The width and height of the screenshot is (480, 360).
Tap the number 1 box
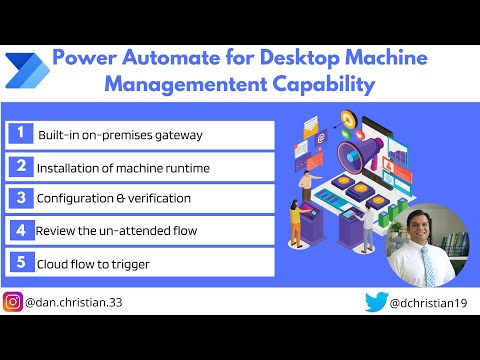tap(20, 134)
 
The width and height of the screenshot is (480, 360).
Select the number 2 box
tap(20, 167)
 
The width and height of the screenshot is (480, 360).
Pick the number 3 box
tap(20, 198)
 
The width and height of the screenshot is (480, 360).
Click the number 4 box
tap(20, 230)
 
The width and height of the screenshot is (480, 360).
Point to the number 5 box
tap(20, 262)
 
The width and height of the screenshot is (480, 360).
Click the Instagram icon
tap(14, 301)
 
